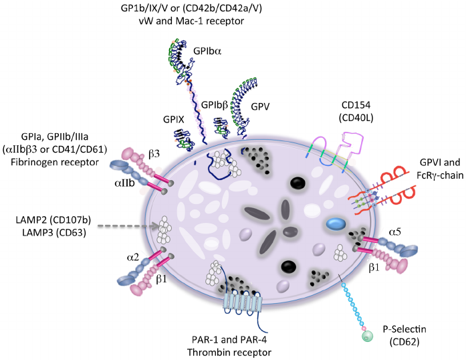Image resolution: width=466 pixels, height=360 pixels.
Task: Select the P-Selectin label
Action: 399,329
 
